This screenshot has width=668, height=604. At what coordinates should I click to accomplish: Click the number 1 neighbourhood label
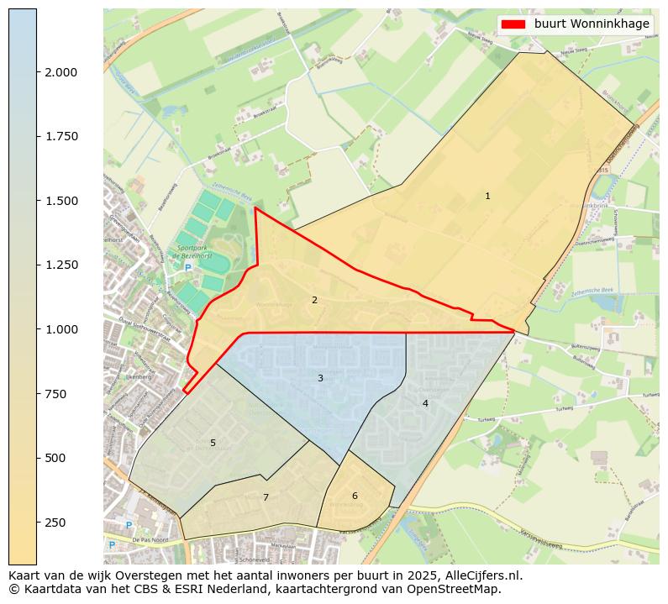[x=487, y=196]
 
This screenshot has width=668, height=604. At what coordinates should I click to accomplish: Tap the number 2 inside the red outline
[x=314, y=300]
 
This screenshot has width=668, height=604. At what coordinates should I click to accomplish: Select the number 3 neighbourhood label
[x=320, y=378]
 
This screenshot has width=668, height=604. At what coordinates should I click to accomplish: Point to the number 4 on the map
[x=425, y=403]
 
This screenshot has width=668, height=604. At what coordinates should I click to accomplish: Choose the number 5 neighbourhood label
[x=213, y=443]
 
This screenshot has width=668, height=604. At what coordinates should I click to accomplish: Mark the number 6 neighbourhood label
[x=355, y=496]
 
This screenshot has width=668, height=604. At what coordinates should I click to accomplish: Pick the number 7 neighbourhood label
[x=266, y=497]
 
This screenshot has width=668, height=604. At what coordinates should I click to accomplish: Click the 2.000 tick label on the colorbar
[x=61, y=72]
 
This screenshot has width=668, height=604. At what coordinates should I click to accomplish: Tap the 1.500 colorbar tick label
[x=61, y=201]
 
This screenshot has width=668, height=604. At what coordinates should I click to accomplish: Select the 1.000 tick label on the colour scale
[x=61, y=329]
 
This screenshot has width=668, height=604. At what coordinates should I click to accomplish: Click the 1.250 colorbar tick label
[x=61, y=265]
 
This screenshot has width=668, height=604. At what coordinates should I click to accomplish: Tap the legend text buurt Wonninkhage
[x=592, y=24]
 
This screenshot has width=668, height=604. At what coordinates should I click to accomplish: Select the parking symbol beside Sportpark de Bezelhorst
[x=188, y=268]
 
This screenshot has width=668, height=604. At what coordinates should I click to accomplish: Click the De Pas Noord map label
[x=151, y=539]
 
